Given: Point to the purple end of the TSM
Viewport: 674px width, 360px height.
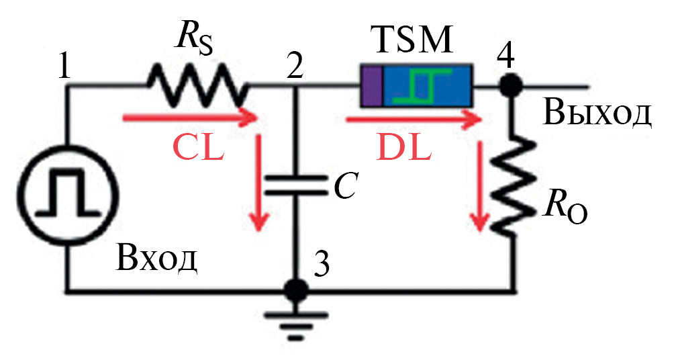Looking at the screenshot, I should click(371, 85).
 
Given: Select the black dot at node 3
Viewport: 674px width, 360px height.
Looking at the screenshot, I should click(293, 290).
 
